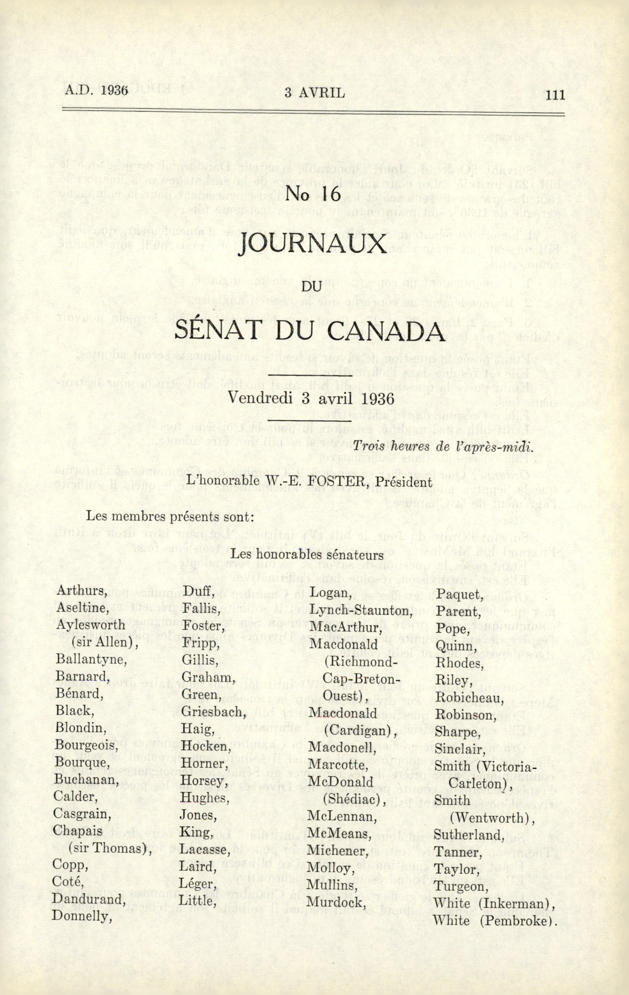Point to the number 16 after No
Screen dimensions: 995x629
pyautogui.click(x=329, y=194)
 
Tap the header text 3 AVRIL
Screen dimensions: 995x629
pyautogui.click(x=315, y=93)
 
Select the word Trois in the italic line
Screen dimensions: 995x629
pyautogui.click(x=369, y=448)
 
